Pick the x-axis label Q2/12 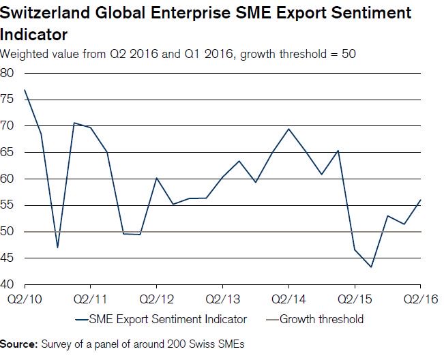(x=157, y=298)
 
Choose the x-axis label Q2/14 (x=288, y=298)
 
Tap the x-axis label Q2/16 (x=419, y=298)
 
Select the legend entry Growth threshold (x=321, y=319)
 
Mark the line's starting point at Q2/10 (x=25, y=90)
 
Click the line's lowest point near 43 (x=371, y=267)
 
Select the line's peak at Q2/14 (x=289, y=129)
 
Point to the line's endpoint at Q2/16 (x=420, y=200)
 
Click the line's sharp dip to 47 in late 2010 (x=58, y=247)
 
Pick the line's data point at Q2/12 (x=157, y=178)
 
